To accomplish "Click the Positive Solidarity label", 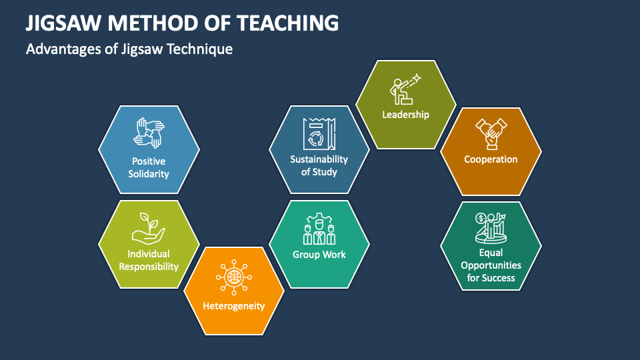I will pyautogui.click(x=149, y=167).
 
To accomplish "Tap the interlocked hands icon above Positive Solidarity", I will pyautogui.click(x=149, y=133).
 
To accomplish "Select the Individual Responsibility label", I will pyautogui.click(x=149, y=260).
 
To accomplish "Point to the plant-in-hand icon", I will pyautogui.click(x=149, y=227).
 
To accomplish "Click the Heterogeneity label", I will pyautogui.click(x=234, y=306).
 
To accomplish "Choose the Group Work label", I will pyautogui.click(x=319, y=255).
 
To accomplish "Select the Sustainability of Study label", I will pyautogui.click(x=319, y=165).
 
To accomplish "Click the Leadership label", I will pyautogui.click(x=405, y=114).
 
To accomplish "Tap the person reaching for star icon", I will pyautogui.click(x=405, y=89).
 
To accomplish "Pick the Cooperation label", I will pyautogui.click(x=491, y=159).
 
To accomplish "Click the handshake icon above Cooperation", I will pyautogui.click(x=491, y=132).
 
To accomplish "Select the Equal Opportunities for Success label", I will pyautogui.click(x=491, y=265).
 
